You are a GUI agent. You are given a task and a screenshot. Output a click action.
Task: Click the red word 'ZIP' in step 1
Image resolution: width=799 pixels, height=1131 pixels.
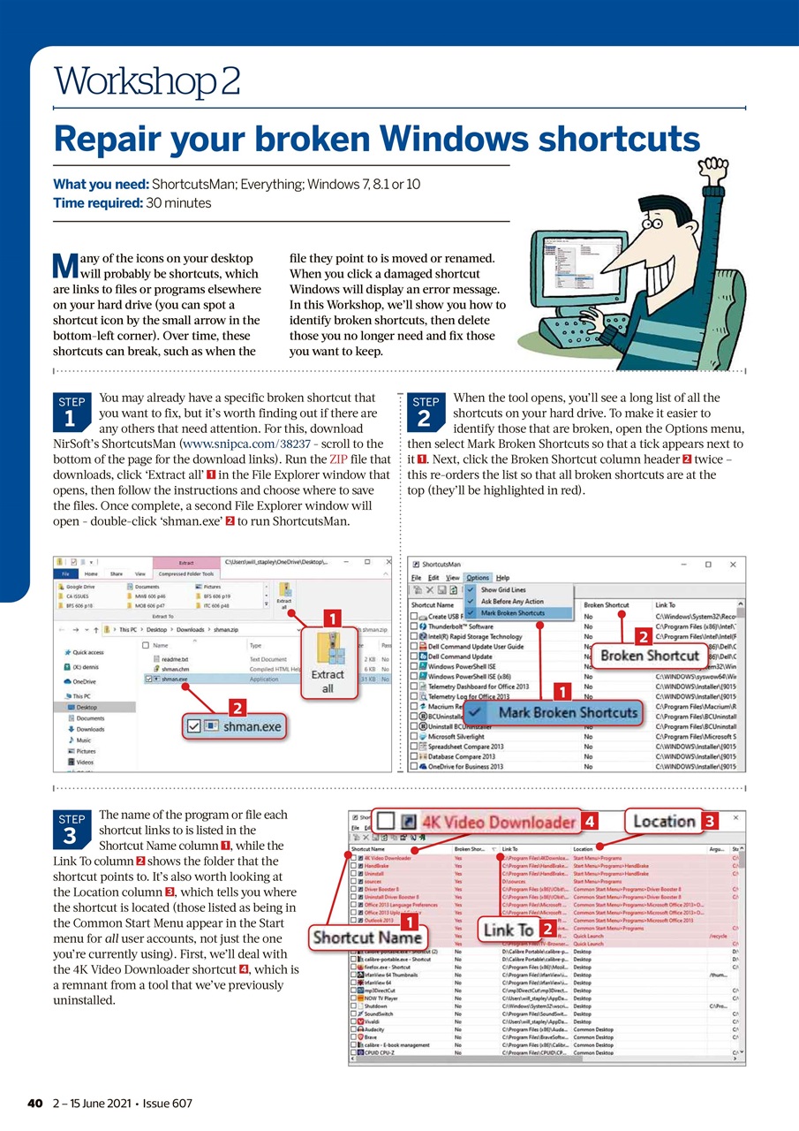coord(339,459)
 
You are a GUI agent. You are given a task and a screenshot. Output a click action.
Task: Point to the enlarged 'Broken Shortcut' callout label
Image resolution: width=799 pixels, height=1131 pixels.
coord(651,657)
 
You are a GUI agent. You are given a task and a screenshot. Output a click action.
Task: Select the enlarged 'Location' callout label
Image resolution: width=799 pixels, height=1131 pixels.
coord(663,821)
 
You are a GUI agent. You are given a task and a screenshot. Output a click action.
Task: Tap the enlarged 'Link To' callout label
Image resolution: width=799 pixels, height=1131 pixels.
coord(509,929)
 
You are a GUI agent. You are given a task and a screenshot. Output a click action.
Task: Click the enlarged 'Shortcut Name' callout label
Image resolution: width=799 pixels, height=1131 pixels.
coord(367,937)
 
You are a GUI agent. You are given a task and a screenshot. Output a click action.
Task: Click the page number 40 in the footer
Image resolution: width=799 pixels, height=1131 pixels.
coord(34,1104)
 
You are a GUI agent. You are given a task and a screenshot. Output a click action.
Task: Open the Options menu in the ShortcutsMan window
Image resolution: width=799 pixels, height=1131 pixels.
coord(478,577)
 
